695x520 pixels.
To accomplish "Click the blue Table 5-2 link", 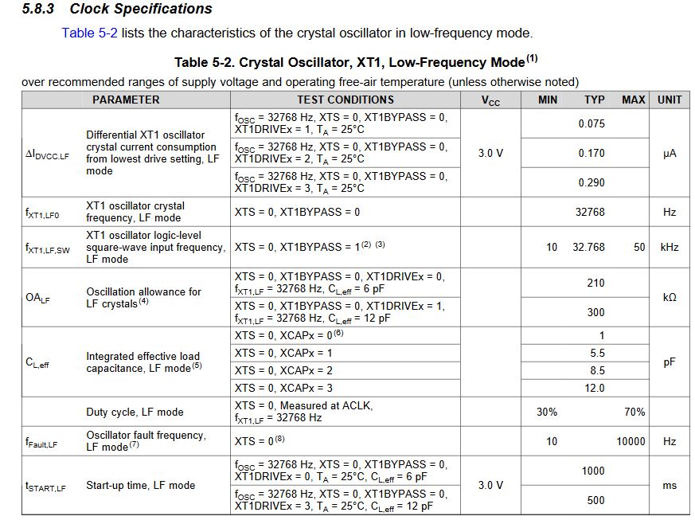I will click(x=90, y=33).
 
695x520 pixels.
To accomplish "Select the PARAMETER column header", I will click(x=125, y=100).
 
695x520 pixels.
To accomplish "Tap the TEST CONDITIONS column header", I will click(x=346, y=100).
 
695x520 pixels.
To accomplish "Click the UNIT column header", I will click(x=670, y=100).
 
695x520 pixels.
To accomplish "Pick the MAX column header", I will click(x=634, y=100).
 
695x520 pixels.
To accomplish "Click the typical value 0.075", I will click(x=592, y=123).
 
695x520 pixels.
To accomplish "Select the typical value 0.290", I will click(x=592, y=182).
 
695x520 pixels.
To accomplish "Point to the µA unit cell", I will click(x=670, y=154).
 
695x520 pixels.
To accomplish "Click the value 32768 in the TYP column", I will click(x=590, y=212).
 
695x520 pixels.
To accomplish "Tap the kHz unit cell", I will click(x=670, y=248).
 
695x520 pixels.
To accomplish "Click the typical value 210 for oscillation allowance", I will click(x=595, y=283).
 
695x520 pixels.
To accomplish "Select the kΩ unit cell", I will click(x=670, y=297).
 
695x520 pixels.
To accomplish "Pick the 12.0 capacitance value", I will click(x=595, y=388).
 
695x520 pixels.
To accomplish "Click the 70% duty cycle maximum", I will click(x=634, y=412).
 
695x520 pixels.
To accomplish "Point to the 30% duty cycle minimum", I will click(x=547, y=412).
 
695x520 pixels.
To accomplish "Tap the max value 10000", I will click(x=631, y=441).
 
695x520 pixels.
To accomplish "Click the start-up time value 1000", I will click(x=593, y=471).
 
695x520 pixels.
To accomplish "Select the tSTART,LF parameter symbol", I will click(x=45, y=486).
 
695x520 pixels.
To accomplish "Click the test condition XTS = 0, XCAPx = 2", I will click(x=284, y=370).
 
